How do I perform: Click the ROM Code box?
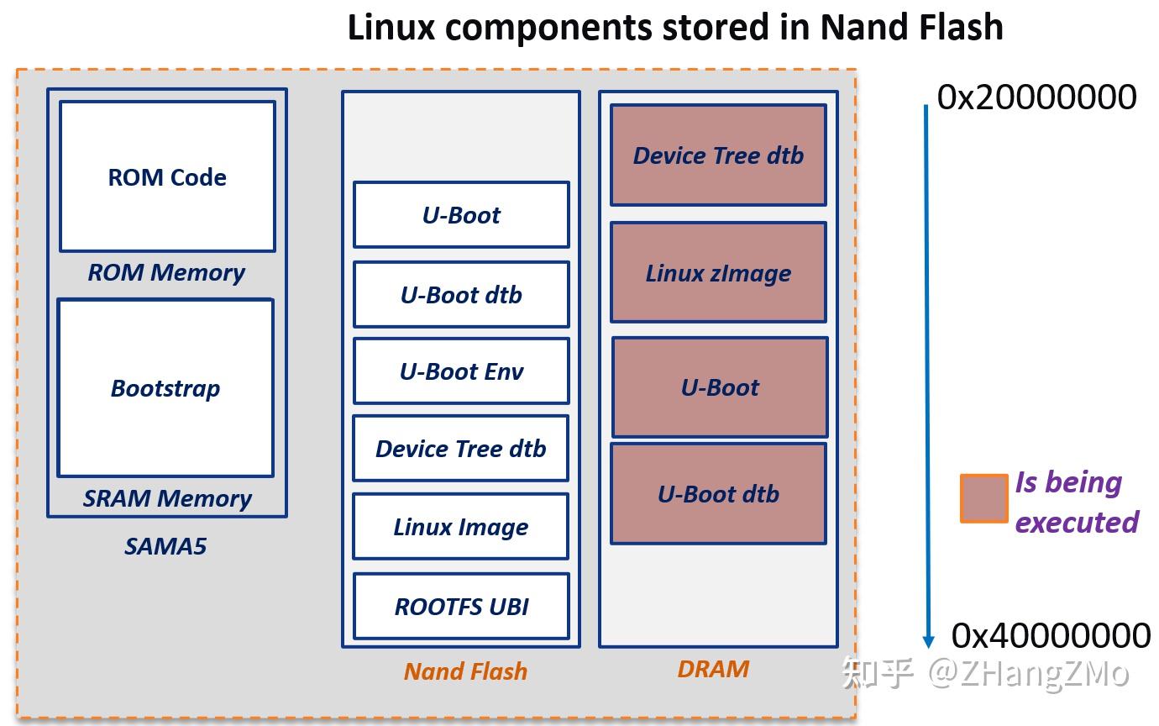167,176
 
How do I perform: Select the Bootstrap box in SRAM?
165,387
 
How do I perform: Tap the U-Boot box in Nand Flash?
461,215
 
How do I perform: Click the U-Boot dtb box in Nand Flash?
461,294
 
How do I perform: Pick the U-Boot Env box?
461,371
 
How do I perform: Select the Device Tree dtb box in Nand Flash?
461,448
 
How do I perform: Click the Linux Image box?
461,527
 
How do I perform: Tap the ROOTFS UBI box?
461,606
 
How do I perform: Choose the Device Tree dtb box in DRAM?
718,155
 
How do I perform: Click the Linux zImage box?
718,272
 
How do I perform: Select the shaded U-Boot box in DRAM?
720,387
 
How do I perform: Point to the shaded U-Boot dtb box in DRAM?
718,493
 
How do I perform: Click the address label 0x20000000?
1036,97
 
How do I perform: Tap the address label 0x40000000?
1051,635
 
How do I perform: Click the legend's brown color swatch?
983,498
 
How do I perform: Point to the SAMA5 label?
165,546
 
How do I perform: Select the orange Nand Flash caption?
465,671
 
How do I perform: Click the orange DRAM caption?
713,669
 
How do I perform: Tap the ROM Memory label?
166,272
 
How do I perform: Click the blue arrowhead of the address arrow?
928,640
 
